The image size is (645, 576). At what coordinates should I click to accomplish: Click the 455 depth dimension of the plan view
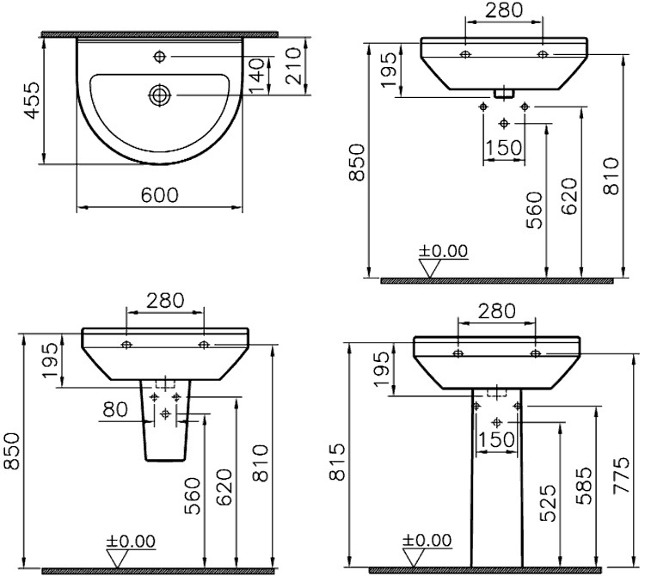[32, 100]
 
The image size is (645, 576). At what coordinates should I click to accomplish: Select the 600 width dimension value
[160, 196]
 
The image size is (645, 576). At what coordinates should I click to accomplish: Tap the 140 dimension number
[256, 76]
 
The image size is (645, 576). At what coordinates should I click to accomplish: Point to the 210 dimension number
[294, 66]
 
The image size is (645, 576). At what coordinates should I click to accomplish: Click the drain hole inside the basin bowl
[160, 95]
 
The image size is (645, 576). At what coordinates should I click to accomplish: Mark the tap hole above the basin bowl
[160, 57]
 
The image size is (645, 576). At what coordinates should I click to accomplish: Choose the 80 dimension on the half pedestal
[115, 409]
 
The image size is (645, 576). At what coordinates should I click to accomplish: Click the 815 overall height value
[337, 462]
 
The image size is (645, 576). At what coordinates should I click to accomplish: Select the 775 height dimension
[621, 475]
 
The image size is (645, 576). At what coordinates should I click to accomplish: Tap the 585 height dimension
[584, 485]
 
